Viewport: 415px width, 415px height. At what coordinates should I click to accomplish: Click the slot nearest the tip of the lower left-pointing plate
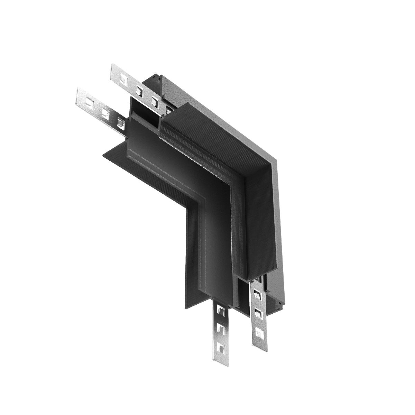coord(89,101)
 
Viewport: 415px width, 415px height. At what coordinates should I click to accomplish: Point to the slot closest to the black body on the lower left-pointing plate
coord(121,122)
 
